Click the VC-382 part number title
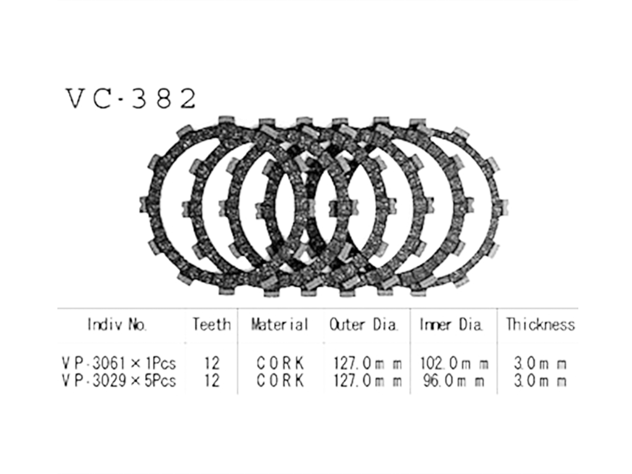131,99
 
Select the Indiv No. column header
117,325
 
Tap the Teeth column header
212,325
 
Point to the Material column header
280,325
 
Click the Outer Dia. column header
364,325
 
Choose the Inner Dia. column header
451,325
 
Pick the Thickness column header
541,325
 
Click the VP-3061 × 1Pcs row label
119,364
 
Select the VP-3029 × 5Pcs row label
119,380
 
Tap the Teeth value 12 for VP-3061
212,364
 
